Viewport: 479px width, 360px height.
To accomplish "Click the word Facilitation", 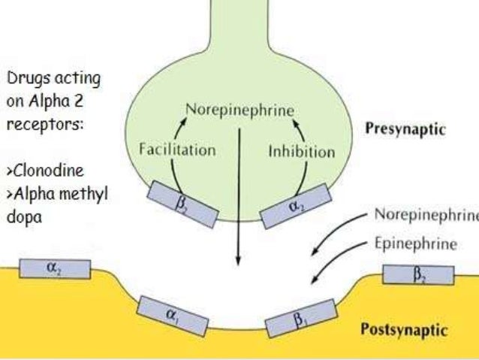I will click(178, 149).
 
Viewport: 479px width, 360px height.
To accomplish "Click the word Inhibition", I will click(302, 152).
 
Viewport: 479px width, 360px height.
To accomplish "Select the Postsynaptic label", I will click(416, 329).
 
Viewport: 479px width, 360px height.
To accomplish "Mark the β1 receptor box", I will click(300, 318).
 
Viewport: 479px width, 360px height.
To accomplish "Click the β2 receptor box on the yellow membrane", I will click(417, 275).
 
